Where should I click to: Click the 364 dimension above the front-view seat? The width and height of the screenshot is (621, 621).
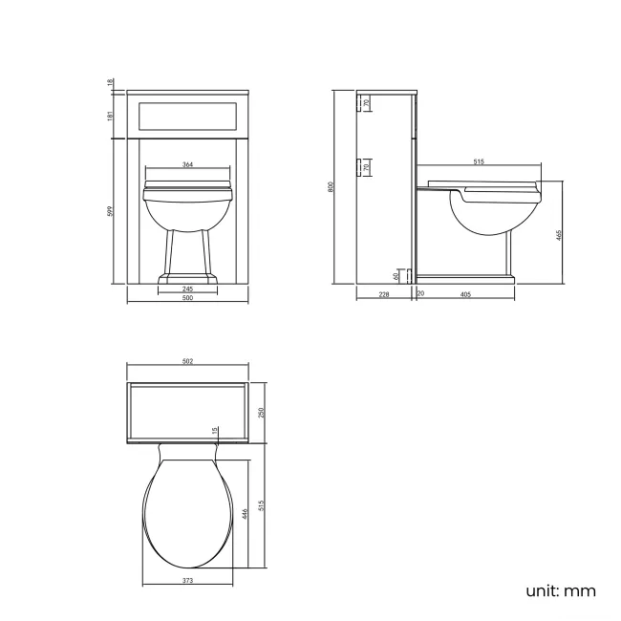click(x=187, y=165)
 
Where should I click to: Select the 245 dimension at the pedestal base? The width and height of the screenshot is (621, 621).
click(x=187, y=289)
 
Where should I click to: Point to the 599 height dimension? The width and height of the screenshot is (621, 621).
click(x=111, y=211)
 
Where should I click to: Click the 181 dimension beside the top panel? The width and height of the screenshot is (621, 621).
click(x=111, y=116)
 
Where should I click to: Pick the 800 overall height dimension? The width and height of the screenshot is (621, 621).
click(x=332, y=187)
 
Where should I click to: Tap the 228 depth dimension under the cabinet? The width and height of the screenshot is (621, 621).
click(x=384, y=295)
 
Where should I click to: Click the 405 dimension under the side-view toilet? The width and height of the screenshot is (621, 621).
click(x=465, y=295)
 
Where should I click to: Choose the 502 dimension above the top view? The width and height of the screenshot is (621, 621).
click(x=187, y=362)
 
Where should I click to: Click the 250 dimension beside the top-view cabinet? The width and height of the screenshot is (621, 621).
click(x=261, y=412)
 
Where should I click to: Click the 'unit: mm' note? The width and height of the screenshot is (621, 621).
click(x=560, y=590)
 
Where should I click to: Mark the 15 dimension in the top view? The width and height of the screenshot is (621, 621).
click(x=215, y=430)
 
